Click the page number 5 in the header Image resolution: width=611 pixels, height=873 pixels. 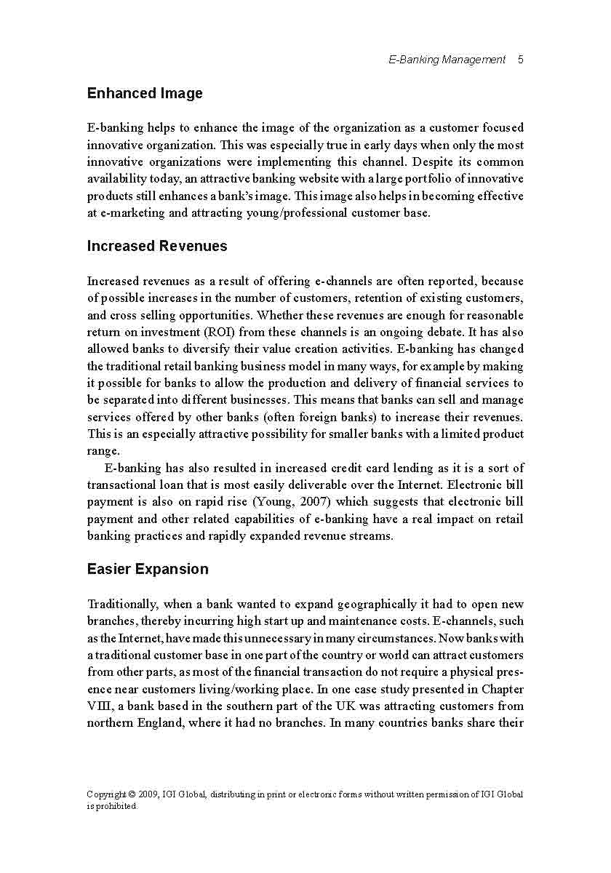521,60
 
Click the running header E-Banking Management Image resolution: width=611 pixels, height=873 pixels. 447,60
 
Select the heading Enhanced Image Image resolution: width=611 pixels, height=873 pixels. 145,93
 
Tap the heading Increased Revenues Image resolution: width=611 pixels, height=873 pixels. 157,246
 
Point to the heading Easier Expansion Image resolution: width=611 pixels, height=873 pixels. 148,569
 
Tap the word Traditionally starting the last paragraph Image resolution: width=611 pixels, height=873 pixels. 121,604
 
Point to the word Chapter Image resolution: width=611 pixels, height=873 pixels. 503,689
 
